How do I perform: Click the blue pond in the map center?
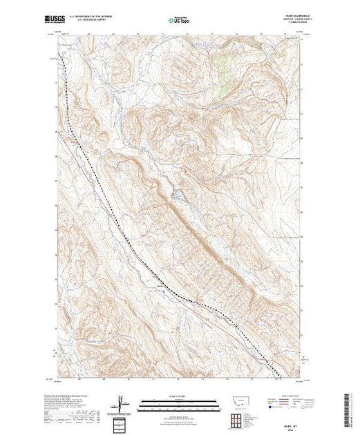(178, 195)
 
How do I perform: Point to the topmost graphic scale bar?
(180, 400)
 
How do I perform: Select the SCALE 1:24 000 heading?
(180, 396)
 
